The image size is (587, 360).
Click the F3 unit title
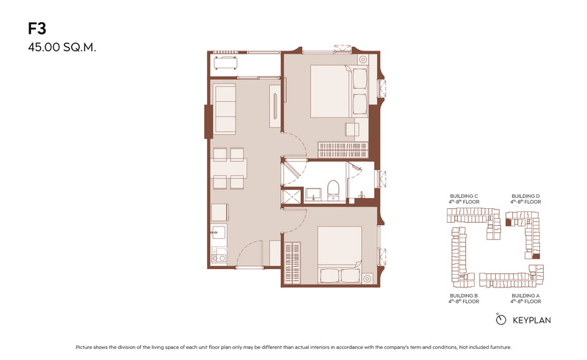[37, 29]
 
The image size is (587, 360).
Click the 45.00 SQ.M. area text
[62, 48]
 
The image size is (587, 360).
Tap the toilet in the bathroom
[333, 190]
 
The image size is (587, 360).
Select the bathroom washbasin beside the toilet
[313, 194]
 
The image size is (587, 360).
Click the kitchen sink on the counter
[218, 232]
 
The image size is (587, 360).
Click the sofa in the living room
[225, 109]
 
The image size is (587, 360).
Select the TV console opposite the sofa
[274, 106]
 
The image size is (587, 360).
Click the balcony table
[225, 62]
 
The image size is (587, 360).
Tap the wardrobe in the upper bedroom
[343, 150]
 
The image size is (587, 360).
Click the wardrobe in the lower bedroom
[292, 263]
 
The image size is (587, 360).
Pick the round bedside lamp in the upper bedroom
[362, 59]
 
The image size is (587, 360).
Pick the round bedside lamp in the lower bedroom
[368, 279]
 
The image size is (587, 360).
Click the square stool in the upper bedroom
[352, 130]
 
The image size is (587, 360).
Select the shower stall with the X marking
[291, 196]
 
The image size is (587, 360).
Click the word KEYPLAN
[531, 320]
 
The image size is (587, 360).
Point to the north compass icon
[500, 319]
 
